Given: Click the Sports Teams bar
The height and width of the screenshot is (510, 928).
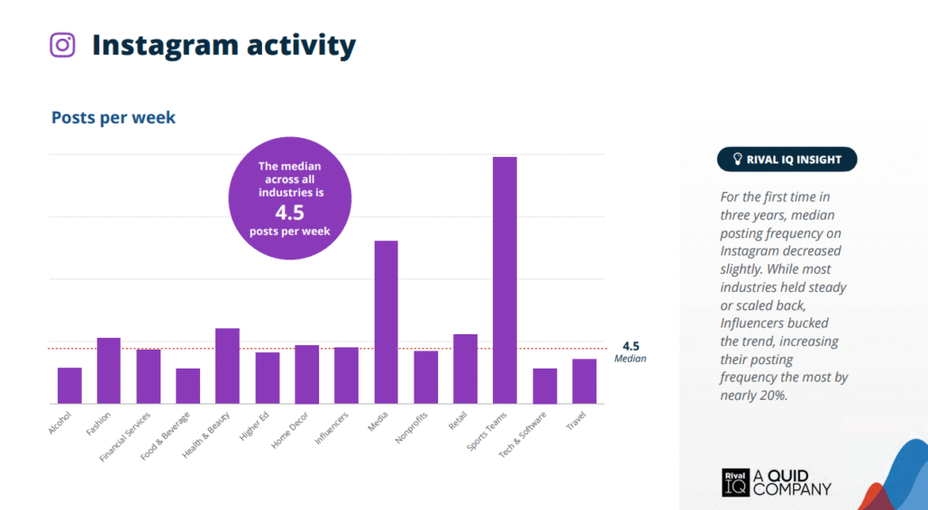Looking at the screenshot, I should (x=505, y=280).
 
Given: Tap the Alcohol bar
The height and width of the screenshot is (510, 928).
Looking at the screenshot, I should (x=69, y=385).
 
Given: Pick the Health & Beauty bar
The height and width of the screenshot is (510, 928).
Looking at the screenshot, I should (x=228, y=365).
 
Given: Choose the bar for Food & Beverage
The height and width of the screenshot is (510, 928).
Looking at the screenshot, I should (x=188, y=386).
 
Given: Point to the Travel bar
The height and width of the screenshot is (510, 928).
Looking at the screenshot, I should (x=584, y=380).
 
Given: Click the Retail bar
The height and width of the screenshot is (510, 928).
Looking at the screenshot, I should (x=465, y=369).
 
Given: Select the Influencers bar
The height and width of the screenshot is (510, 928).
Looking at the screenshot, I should (x=346, y=375).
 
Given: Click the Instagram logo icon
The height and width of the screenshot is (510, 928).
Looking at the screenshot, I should (x=62, y=45).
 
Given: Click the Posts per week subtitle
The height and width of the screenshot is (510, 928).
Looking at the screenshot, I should (x=114, y=118).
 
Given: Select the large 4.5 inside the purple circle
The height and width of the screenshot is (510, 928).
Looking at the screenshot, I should (x=290, y=214).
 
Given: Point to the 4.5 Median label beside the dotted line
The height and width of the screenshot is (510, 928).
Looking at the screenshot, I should (x=631, y=351).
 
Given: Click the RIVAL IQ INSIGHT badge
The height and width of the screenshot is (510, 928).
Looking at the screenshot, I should (x=787, y=159).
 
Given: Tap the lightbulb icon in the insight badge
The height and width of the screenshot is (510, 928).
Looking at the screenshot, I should (x=736, y=159).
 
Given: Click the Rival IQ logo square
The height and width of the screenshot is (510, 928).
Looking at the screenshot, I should (x=735, y=483).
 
